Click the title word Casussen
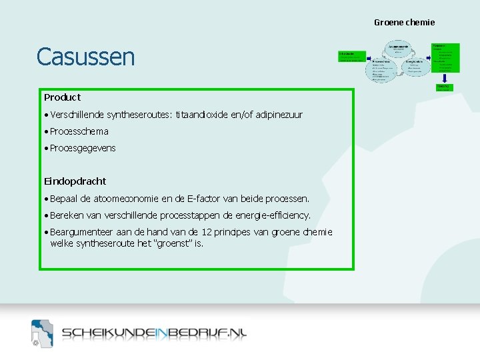(x=85, y=57)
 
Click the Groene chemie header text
(x=404, y=23)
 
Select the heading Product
(x=62, y=97)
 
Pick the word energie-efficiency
(x=272, y=215)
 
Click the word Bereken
(x=68, y=215)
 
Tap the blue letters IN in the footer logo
(x=163, y=333)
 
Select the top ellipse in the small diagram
(x=399, y=47)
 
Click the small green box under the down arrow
(x=443, y=87)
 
